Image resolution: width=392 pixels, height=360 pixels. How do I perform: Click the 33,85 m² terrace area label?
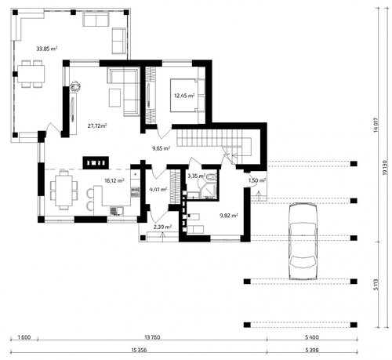coord(47,49)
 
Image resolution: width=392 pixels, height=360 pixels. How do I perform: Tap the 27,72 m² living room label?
coord(97,125)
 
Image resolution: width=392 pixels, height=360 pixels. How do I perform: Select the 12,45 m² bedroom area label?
coord(184,96)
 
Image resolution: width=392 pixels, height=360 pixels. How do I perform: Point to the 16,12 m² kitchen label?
coord(114,180)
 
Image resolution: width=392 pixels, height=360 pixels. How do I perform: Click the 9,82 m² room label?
coord(229,216)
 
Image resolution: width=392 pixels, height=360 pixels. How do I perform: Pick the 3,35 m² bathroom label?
coord(196,176)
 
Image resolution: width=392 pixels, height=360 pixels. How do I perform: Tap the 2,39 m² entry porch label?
coord(162,227)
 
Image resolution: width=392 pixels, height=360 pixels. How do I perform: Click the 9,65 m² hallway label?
coord(162,148)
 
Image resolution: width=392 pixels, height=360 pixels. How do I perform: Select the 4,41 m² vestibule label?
coord(158,189)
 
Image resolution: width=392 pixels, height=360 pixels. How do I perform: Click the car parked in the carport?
coord(303,242)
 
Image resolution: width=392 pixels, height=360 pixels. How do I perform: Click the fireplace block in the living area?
coord(96,163)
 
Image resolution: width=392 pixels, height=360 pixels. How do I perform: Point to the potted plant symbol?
coord(75,86)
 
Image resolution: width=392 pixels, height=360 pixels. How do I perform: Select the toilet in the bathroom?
coord(212,177)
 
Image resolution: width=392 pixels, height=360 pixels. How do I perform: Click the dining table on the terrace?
coord(31,74)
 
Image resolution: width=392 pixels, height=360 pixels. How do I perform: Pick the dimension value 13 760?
coord(152,337)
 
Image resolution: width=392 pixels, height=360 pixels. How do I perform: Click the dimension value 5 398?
coord(312,351)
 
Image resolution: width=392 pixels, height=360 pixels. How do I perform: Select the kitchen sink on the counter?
coord(117,211)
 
